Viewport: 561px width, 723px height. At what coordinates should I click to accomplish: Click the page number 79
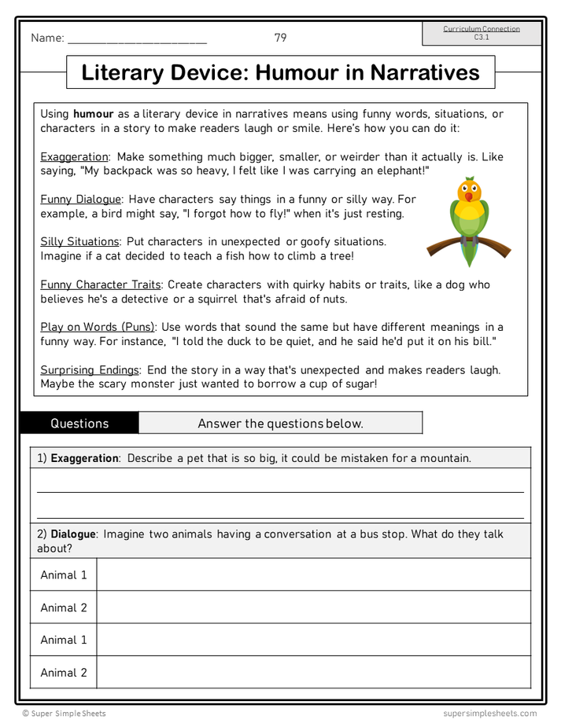point(280,38)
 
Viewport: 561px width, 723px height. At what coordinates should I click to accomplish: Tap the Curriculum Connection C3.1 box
point(482,33)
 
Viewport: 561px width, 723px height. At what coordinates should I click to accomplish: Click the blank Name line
point(137,39)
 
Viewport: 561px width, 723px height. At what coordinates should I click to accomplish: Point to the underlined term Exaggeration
point(75,157)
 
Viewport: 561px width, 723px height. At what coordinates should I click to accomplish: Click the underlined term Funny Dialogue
point(80,200)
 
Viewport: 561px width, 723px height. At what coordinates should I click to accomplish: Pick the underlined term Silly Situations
point(79,242)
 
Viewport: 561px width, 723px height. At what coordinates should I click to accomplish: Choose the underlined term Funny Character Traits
point(101,284)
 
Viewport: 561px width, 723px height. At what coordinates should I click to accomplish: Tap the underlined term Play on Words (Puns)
point(98,327)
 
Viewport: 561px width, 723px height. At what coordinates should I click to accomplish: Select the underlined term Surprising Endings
point(89,369)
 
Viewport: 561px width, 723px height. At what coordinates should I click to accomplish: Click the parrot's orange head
point(470,191)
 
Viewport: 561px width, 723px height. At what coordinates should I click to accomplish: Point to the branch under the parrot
point(441,246)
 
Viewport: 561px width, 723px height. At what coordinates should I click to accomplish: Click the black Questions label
point(79,424)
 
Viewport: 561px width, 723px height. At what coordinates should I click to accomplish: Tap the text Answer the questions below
point(280,424)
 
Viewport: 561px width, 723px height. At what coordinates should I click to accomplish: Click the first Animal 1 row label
point(64,575)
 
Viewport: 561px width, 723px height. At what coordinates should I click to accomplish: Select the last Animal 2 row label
point(64,673)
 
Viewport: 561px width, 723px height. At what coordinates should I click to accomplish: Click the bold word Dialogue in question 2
point(73,534)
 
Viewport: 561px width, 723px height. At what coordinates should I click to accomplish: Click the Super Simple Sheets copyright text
point(64,714)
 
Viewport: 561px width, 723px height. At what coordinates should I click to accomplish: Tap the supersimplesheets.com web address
point(489,714)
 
